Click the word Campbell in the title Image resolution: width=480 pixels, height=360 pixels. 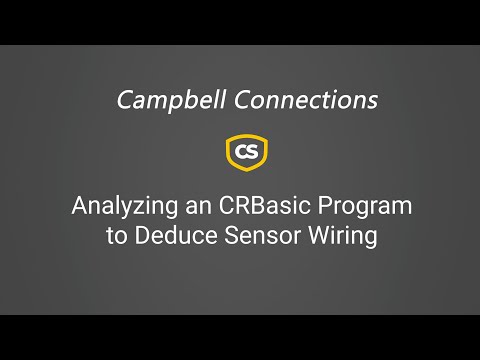[163, 100]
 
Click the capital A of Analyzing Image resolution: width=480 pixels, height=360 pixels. [79, 207]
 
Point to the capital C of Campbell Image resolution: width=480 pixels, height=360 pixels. [124, 100]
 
